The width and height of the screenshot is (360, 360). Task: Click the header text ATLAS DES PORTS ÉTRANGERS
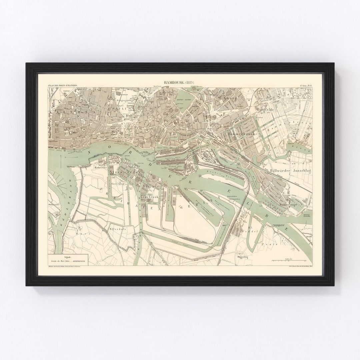(63, 86)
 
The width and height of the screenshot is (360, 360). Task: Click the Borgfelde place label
(266, 109)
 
